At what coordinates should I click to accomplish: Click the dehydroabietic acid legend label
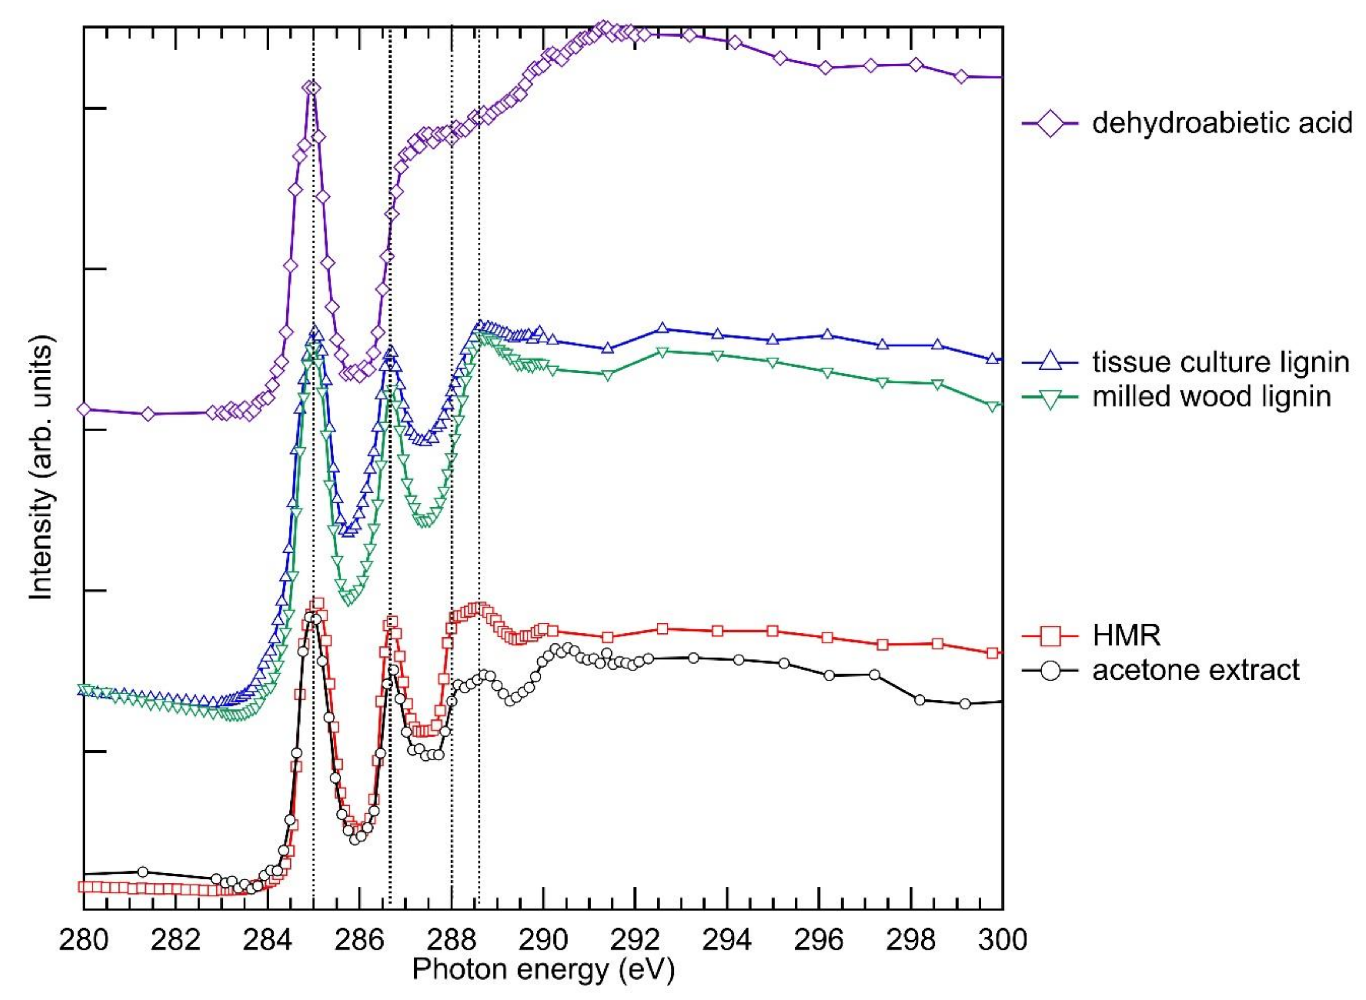coord(1222,123)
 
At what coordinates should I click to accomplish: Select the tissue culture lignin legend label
coord(1220,362)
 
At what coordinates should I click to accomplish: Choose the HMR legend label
coord(1127,636)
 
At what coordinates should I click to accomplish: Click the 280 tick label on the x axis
coord(83,940)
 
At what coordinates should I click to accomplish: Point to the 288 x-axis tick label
coord(451,940)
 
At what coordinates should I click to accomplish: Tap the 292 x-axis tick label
coord(635,940)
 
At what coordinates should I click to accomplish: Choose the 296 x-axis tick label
coord(819,940)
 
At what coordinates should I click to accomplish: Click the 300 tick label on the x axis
coord(1003,940)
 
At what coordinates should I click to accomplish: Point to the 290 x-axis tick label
coord(543,940)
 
